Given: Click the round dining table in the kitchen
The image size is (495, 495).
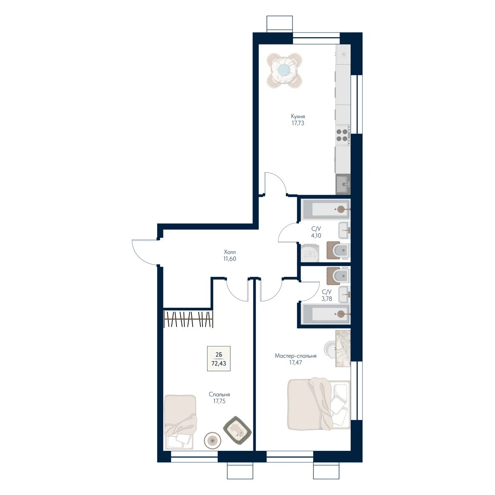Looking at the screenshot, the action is point(284,71).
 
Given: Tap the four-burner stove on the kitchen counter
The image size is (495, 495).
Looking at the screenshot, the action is point(343,135).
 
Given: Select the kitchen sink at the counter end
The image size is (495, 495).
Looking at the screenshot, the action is point(343,184).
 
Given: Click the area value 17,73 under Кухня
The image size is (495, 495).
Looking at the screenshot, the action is point(298,123).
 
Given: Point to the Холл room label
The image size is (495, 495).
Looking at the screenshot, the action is point(230,252).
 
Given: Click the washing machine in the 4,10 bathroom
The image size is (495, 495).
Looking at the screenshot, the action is point(310,253).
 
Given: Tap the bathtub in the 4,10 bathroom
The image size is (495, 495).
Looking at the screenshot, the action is point(326,209).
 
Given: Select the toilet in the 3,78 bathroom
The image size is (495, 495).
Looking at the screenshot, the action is point(338,276).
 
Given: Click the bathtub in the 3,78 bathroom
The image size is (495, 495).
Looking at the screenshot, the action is point(326,314).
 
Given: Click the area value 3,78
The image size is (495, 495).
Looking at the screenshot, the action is point(326,299).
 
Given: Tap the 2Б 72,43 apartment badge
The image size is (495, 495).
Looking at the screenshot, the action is point(219,358).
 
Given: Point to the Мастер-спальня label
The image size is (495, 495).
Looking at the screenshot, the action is point(295,356).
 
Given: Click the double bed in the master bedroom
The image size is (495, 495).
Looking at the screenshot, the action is point(318,404).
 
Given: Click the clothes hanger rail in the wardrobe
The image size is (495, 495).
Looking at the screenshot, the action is point(188,320).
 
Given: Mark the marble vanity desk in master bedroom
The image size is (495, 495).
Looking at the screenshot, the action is point(343,348).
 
